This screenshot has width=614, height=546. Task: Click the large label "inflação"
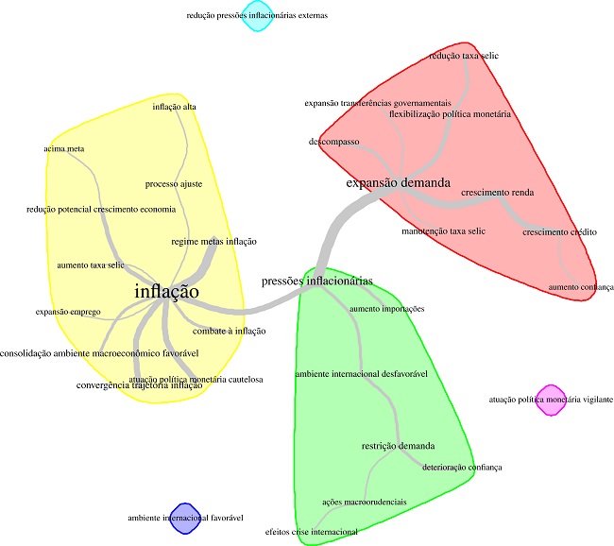tap(166, 292)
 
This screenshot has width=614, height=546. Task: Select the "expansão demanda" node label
tap(397, 182)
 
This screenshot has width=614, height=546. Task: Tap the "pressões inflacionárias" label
tap(316, 281)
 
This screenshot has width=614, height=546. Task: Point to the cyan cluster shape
tap(257, 16)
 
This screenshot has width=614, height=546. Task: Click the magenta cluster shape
tap(548, 401)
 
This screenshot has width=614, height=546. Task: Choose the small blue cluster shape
tap(186, 519)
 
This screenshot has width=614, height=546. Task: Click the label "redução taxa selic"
tap(464, 56)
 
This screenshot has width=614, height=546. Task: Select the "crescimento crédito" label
tap(559, 231)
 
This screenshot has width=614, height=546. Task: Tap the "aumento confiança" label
tap(581, 286)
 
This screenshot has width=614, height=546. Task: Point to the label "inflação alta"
tap(175, 107)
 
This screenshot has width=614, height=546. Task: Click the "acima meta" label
tap(64, 148)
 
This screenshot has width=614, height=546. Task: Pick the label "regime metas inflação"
tap(214, 242)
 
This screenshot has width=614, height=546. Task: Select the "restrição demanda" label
tap(399, 445)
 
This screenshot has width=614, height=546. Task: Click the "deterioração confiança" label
tap(462, 468)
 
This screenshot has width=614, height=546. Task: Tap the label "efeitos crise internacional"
tap(311, 532)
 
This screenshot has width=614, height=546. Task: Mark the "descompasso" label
tap(333, 142)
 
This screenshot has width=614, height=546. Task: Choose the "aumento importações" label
tap(386, 309)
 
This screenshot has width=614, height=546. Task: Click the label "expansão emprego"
tap(68, 311)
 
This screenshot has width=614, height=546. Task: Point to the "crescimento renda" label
tap(498, 193)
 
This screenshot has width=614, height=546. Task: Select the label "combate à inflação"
tap(230, 332)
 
